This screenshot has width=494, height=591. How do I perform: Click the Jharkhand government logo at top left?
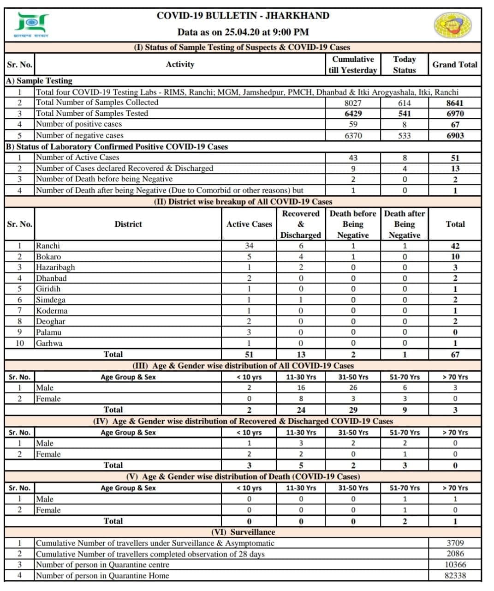pyautogui.click(x=32, y=24)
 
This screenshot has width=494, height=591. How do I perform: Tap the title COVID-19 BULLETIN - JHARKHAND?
pyautogui.click(x=243, y=16)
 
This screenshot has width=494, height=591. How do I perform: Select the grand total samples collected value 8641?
pyautogui.click(x=455, y=103)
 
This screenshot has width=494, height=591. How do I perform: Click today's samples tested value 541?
pyautogui.click(x=404, y=114)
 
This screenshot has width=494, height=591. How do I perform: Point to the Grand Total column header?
pyautogui.click(x=455, y=65)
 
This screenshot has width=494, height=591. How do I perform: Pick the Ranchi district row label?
pyautogui.click(x=48, y=246)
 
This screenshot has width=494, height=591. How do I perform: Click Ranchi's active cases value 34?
pyautogui.click(x=249, y=246)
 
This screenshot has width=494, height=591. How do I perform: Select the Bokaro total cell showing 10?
pyautogui.click(x=455, y=257)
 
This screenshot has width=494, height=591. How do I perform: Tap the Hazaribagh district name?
pyautogui.click(x=55, y=267)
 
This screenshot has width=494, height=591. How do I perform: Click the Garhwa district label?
pyautogui.click(x=49, y=343)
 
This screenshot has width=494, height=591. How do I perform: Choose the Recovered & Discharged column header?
pyautogui.click(x=301, y=224)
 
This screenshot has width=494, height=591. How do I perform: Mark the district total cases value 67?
pyautogui.click(x=455, y=355)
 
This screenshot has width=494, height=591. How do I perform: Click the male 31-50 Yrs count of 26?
pyautogui.click(x=353, y=388)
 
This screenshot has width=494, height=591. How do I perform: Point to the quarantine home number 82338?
pyautogui.click(x=455, y=576)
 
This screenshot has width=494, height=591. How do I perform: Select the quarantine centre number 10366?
pyautogui.click(x=455, y=565)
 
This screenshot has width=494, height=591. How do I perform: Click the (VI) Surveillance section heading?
pyautogui.click(x=243, y=532)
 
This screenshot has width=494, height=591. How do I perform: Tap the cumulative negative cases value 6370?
pyautogui.click(x=353, y=136)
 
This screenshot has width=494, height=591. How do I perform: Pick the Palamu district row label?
pyautogui.click(x=48, y=332)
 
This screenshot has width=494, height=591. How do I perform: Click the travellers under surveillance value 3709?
pyautogui.click(x=455, y=543)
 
